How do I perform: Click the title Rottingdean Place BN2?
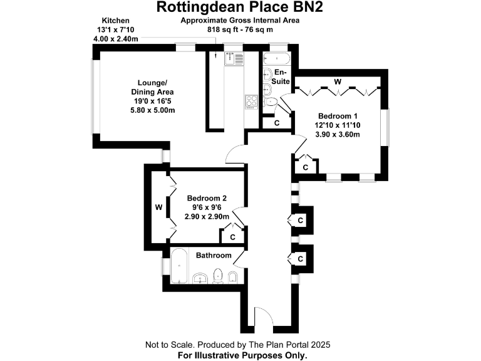point(240,8)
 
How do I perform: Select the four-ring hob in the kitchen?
point(251,102)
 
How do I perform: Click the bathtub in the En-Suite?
point(275,60)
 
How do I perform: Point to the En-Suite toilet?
point(271,102)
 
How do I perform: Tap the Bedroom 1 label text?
point(337,117)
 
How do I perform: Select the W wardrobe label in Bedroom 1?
point(337,81)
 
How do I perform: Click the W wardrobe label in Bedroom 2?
point(159,206)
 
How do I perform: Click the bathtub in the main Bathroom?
point(180,266)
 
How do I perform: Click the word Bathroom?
point(214,256)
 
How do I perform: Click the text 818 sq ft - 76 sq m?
point(240,29)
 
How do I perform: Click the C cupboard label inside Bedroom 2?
point(232,237)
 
